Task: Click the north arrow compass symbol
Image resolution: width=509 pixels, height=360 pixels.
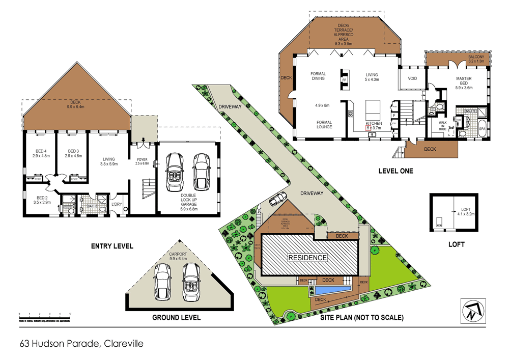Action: [x=473, y=311]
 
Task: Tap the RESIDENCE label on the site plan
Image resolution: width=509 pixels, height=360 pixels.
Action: [x=307, y=258]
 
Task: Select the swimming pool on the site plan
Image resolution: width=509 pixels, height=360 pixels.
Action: [x=332, y=289]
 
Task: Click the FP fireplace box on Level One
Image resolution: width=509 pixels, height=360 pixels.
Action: [x=344, y=80]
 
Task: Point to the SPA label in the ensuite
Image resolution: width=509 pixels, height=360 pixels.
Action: [x=483, y=129]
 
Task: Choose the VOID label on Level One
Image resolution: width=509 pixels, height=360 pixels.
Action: [x=412, y=78]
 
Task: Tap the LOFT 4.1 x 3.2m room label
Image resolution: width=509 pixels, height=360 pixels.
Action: [x=466, y=212]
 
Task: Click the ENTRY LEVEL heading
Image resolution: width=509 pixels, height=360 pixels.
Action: [x=112, y=246]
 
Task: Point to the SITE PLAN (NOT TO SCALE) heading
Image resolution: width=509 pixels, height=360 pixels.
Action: [x=362, y=317]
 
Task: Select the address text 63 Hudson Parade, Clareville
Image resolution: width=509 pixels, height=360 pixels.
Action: [x=81, y=344]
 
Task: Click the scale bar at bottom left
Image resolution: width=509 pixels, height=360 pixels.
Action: [x=44, y=316]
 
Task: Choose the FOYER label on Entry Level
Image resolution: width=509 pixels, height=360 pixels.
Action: [x=141, y=160]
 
